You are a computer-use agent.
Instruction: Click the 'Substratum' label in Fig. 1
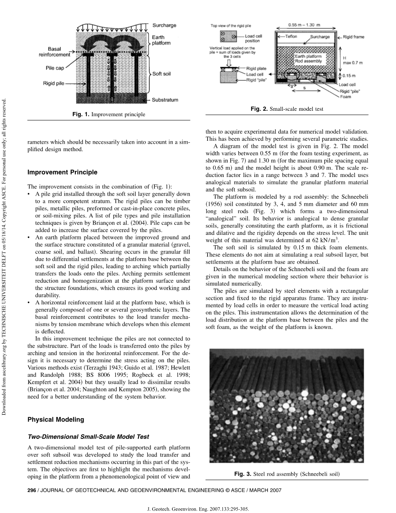[x=165, y=100]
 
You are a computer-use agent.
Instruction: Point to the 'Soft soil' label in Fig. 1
[x=163, y=74]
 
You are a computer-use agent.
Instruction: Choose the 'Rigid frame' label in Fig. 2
[x=354, y=37]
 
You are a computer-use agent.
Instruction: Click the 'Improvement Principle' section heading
[x=62, y=172]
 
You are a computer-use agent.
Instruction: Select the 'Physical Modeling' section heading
[x=55, y=419]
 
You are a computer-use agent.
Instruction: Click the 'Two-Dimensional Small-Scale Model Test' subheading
[x=88, y=436]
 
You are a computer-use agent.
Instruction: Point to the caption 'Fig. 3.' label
[x=243, y=474]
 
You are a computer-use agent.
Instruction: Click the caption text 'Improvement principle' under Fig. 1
[x=118, y=114]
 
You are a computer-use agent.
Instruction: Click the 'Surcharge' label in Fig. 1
[x=164, y=25]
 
